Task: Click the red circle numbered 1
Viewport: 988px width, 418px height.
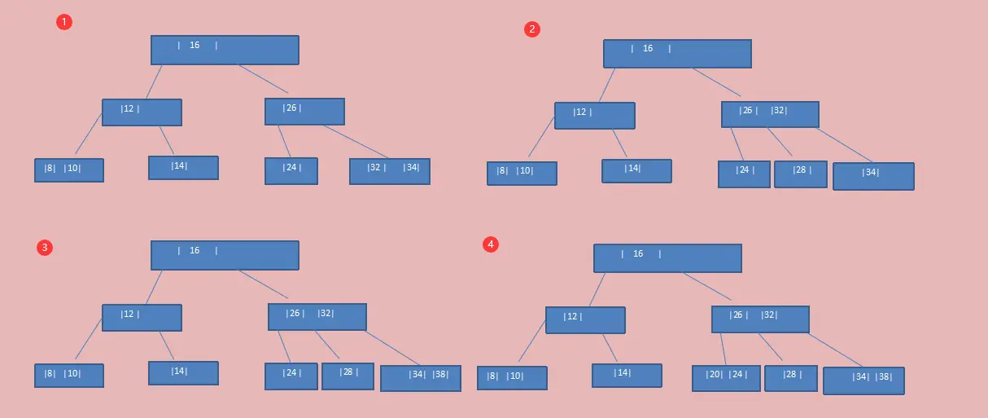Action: tap(64, 22)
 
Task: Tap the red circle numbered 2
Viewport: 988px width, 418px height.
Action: tap(532, 29)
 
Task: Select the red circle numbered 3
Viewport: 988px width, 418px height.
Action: tap(45, 248)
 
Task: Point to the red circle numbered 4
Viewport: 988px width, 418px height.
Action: tap(490, 244)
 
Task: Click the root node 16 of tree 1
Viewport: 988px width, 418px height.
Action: tap(225, 50)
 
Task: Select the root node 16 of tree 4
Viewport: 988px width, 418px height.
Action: tap(667, 258)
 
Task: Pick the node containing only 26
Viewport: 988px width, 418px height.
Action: tap(304, 112)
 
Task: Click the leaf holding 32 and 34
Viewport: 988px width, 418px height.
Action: tap(390, 171)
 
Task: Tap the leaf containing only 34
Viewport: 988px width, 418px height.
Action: tap(873, 176)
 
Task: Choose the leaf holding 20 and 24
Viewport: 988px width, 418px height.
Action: tap(726, 378)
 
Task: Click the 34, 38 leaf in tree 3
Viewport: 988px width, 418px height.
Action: tap(420, 378)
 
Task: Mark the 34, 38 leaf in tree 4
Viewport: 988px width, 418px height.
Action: tap(863, 381)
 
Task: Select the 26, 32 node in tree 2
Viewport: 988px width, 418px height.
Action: tap(770, 114)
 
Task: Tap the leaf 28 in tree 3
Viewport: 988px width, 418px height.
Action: tap(348, 376)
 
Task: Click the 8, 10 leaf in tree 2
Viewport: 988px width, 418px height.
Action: tap(522, 174)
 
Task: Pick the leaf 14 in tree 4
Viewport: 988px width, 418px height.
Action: tap(627, 376)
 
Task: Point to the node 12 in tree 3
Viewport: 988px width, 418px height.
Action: tap(142, 318)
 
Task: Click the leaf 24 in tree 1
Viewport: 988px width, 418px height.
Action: tap(291, 171)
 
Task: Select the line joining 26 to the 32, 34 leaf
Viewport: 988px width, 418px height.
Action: tap(356, 142)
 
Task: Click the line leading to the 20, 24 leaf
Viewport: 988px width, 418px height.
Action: tap(723, 350)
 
